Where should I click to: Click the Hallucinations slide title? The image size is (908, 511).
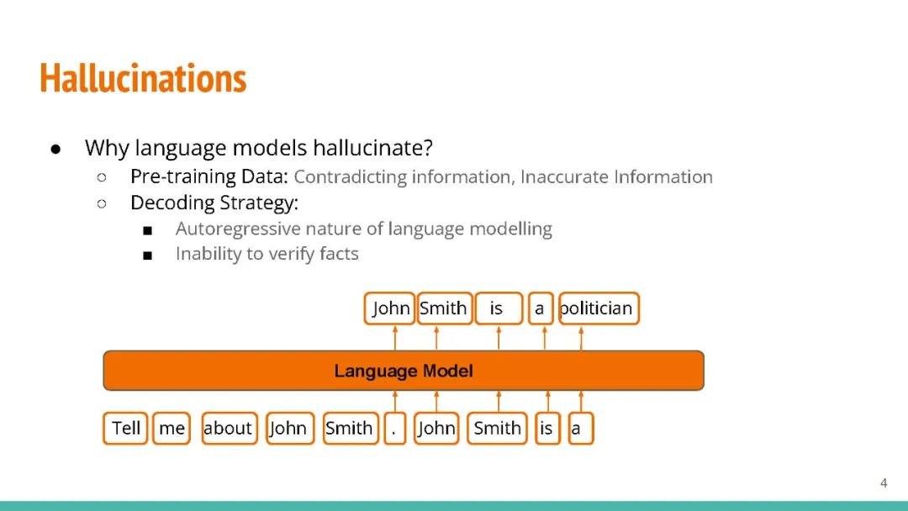(143, 78)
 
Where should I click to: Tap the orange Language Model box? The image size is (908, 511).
(404, 371)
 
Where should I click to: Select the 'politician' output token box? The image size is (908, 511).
(599, 308)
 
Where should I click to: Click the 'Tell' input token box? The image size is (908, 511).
(125, 429)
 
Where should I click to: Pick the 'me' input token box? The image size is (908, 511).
(172, 429)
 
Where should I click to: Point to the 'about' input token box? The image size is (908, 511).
(230, 429)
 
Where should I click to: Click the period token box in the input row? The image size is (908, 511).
(394, 429)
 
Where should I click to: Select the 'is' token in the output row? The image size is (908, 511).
(499, 308)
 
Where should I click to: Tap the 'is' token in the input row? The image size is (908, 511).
(547, 429)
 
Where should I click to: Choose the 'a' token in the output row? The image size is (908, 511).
(541, 308)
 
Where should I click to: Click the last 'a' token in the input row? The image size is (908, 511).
(580, 429)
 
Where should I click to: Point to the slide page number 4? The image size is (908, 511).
(884, 482)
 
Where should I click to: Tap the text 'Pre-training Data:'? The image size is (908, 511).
(209, 176)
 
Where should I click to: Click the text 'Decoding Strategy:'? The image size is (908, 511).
(214, 203)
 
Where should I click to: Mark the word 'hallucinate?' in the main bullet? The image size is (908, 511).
(373, 148)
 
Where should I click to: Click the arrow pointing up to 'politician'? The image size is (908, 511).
(581, 338)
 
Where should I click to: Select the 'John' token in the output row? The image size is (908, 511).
(389, 308)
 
